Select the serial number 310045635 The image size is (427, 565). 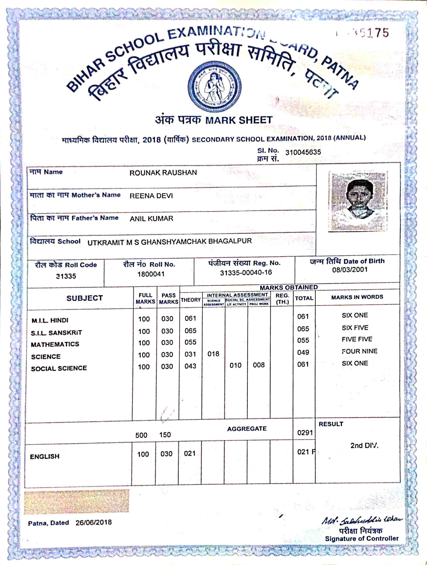click(x=303, y=152)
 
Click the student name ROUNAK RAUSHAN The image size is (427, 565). click(x=163, y=173)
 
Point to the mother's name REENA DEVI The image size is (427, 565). click(x=151, y=196)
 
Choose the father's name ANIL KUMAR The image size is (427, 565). click(x=151, y=219)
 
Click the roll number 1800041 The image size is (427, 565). click(x=151, y=274)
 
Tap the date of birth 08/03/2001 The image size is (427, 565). click(x=350, y=270)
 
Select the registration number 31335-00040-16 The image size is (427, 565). click(x=246, y=273)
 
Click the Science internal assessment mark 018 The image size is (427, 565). click(x=213, y=354)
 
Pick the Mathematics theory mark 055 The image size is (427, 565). click(x=190, y=342)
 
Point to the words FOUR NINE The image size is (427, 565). click(x=359, y=351)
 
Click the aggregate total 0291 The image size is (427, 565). click(x=305, y=433)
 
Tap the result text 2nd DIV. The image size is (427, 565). click(x=364, y=446)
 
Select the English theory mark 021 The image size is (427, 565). click(x=190, y=453)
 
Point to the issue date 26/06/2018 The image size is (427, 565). click(x=94, y=522)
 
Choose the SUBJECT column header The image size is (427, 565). click(x=85, y=298)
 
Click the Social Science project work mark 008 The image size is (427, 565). click(x=259, y=365)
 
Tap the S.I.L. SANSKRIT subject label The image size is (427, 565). click(x=56, y=333)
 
